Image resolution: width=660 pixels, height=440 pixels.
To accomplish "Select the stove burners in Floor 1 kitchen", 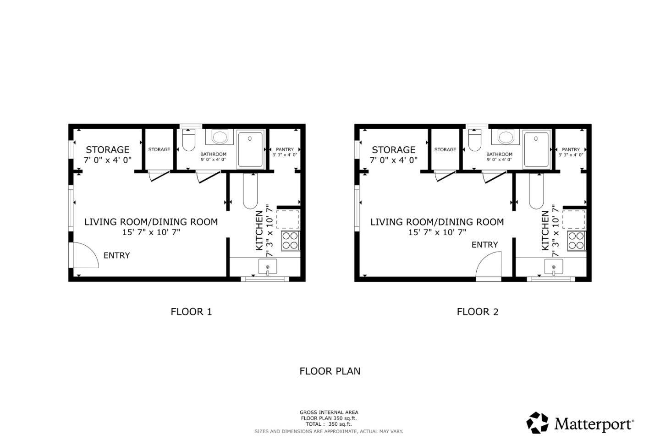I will pos(290,241).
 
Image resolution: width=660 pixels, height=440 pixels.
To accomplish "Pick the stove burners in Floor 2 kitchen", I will pos(576,241).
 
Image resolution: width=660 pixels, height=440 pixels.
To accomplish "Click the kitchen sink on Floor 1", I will pos(268,267).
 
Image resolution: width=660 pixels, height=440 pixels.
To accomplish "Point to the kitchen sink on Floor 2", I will pos(554,267).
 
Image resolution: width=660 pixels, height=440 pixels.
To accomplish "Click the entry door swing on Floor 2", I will pos(489,266).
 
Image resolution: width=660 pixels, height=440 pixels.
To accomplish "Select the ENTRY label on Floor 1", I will pos(116,255).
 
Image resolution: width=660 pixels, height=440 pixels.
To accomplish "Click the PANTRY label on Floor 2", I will pos(571,149).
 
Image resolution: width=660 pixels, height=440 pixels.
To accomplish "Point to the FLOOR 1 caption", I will pos(191,312).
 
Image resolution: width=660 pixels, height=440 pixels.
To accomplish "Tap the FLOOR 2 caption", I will pos(477,312).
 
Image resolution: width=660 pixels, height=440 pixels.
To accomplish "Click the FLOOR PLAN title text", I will pos(330,371).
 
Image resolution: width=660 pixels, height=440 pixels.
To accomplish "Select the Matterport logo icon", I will pos(537,423).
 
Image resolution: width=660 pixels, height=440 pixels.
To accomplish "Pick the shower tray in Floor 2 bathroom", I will pos(536,149).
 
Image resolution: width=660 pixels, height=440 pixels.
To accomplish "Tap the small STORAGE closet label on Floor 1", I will pos(159,149).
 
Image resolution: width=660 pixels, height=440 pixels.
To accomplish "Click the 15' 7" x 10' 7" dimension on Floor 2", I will pos(437,232).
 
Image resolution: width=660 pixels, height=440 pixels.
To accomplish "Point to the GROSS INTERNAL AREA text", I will pos(329,412).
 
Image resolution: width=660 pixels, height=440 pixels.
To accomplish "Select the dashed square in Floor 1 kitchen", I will pos(288,220).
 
